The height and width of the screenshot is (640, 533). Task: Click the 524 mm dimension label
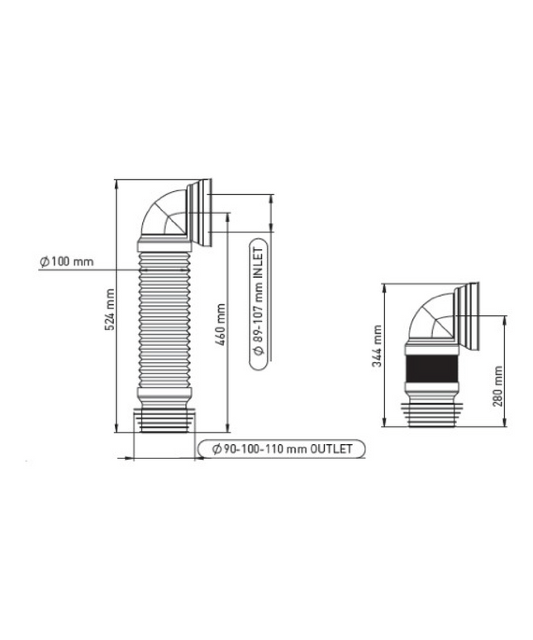(110, 310)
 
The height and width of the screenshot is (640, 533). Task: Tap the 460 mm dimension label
(220, 324)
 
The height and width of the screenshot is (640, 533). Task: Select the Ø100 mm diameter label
(67, 261)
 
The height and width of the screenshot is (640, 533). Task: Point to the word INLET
(258, 263)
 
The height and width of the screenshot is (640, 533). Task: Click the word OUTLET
(331, 449)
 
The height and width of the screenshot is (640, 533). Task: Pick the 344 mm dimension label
(377, 346)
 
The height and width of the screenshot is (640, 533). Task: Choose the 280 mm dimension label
(498, 386)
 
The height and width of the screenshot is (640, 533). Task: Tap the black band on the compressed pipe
(431, 369)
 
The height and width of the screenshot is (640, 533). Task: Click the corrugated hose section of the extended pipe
(164, 320)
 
